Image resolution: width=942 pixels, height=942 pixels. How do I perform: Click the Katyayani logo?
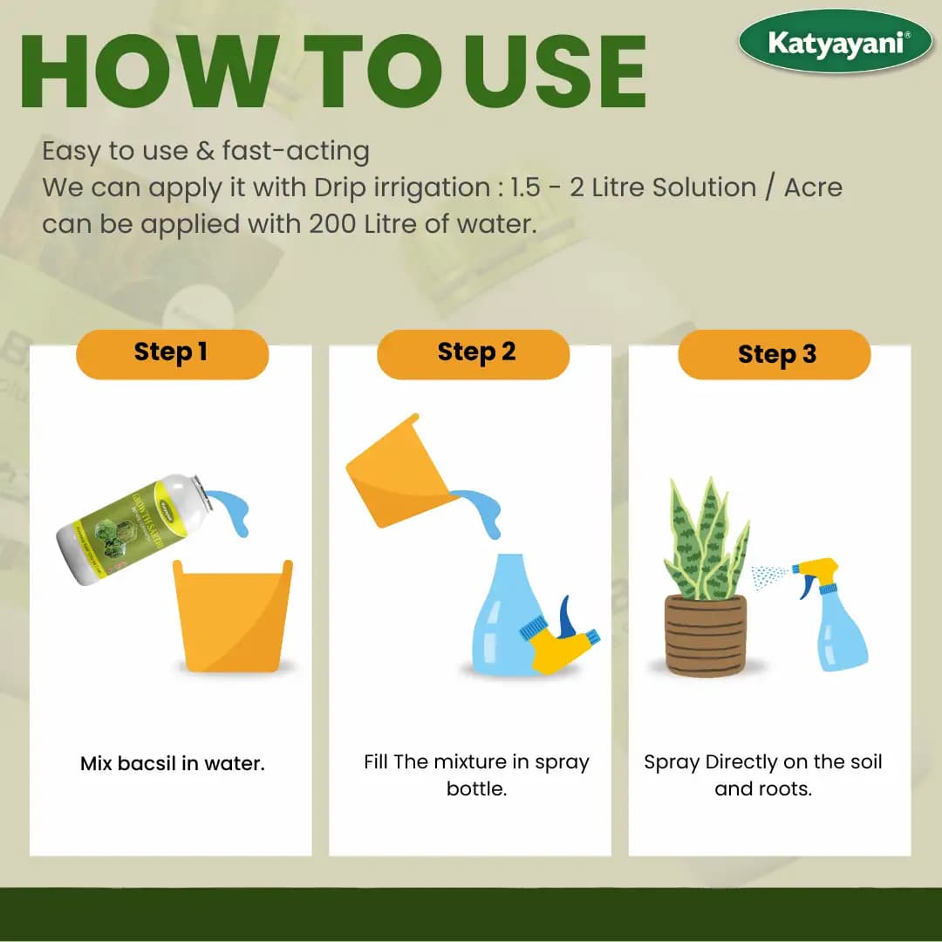click(x=836, y=42)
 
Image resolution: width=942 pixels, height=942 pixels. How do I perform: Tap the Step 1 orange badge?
click(x=171, y=353)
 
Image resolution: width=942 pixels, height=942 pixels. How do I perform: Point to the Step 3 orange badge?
click(x=775, y=355)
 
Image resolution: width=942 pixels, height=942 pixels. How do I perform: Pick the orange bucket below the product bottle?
click(x=233, y=615)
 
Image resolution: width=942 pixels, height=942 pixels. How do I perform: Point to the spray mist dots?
click(x=769, y=575)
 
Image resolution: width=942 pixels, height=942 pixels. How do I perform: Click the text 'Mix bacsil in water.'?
click(x=172, y=764)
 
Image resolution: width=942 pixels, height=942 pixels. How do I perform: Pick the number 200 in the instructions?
click(x=331, y=224)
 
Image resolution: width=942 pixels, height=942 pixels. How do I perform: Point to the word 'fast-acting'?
click(x=296, y=151)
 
